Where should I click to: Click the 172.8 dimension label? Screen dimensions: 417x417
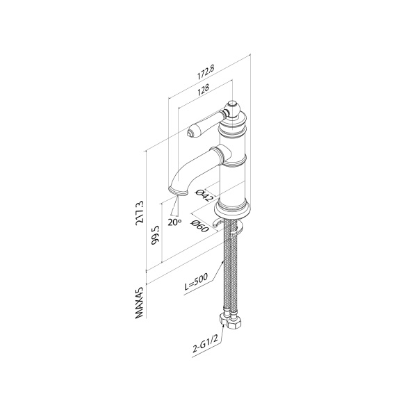click(206, 72)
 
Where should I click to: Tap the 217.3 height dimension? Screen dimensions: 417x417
click(140, 213)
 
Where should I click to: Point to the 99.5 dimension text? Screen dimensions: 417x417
click(156, 234)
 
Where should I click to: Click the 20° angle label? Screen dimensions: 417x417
click(174, 222)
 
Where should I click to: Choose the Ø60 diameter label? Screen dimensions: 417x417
click(199, 226)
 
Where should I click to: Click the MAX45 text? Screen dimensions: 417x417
click(140, 302)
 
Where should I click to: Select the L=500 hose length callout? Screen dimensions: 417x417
click(197, 282)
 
